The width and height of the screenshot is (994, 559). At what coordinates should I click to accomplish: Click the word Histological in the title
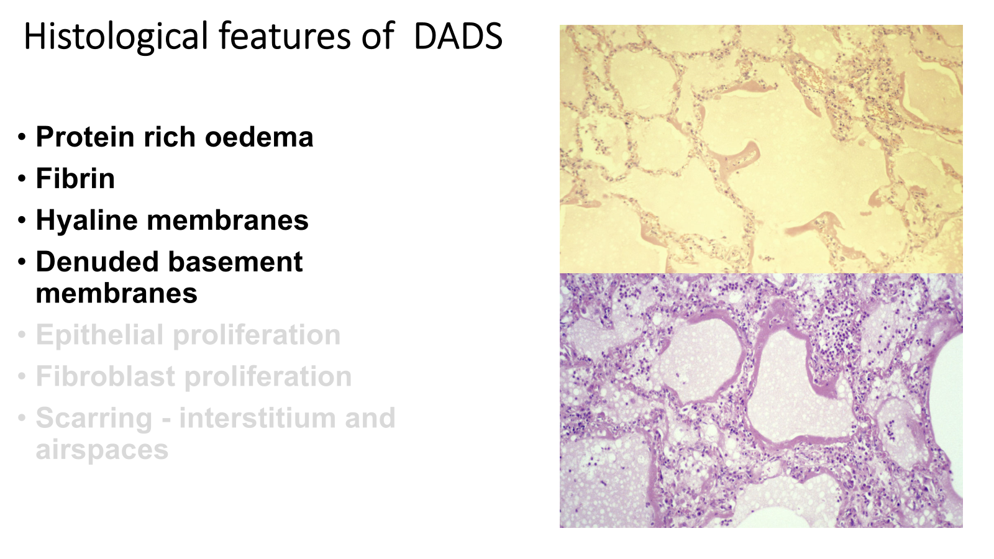tap(116, 37)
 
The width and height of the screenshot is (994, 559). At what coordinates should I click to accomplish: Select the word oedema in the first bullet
tap(258, 137)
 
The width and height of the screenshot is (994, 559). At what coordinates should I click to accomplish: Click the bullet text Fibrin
tap(75, 178)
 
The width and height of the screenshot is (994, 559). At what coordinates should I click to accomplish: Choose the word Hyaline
tap(86, 221)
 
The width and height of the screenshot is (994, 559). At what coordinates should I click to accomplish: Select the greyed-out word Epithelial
tap(99, 336)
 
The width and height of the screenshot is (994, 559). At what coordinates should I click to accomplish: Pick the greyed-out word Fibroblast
tap(105, 376)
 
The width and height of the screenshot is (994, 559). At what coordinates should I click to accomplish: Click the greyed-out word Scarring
tap(94, 419)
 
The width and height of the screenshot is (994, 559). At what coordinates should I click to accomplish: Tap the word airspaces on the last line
tap(102, 451)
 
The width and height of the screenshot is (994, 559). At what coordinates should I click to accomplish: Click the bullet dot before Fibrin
tap(22, 180)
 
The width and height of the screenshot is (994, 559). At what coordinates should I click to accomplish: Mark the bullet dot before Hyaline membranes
tap(22, 221)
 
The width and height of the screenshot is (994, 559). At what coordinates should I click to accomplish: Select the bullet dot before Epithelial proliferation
tap(22, 335)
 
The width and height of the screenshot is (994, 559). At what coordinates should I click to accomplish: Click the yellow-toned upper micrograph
tap(761, 149)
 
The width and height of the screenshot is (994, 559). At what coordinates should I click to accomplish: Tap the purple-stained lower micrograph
tap(761, 401)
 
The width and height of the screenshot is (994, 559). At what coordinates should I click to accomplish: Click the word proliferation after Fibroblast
tap(268, 378)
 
